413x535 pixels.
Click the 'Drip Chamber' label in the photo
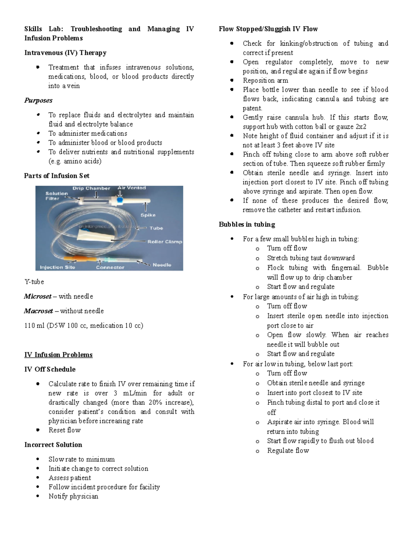tap(91, 188)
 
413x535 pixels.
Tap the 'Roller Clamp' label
tap(165, 242)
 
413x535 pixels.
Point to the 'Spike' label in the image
tap(148, 215)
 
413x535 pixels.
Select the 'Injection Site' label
tap(57, 267)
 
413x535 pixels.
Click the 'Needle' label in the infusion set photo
tap(162, 265)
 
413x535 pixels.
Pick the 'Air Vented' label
tap(132, 188)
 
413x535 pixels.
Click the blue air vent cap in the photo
tap(120, 199)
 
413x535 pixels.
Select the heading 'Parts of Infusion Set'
tap(57, 176)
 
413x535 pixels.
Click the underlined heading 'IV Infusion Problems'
tap(59, 355)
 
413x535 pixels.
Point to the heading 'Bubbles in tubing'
tap(247, 225)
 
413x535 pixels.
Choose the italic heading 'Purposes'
tap(38, 100)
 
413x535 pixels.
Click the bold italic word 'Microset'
tap(38, 296)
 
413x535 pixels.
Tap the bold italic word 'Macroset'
tap(38, 311)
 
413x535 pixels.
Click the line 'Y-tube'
tap(34, 282)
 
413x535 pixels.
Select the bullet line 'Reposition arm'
tap(265, 81)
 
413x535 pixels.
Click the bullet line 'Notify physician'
tap(73, 496)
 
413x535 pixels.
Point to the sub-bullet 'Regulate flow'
tap(288, 451)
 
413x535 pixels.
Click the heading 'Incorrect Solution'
tap(53, 445)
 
